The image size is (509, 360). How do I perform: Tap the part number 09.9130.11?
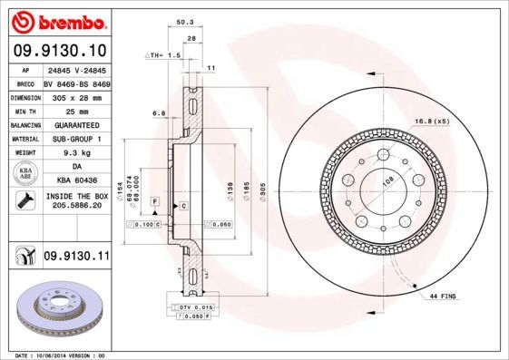click(x=76, y=257)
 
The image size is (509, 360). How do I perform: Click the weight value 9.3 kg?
click(x=76, y=153)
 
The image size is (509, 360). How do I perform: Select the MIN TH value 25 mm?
click(x=76, y=111)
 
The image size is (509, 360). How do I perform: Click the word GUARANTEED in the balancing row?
click(x=76, y=125)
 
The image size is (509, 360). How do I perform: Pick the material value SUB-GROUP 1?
click(x=76, y=139)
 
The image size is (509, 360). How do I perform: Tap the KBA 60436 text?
click(x=76, y=181)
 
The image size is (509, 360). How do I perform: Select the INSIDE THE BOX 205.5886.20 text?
click(x=76, y=201)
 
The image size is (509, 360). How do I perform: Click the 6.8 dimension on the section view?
click(x=159, y=113)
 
